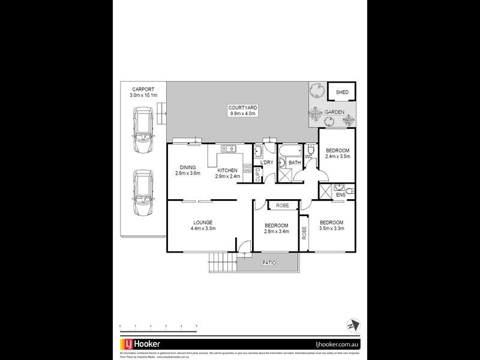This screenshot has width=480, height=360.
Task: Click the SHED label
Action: [342, 92]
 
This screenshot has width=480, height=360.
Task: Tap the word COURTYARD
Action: [242, 107]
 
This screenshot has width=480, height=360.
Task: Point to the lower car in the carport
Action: [143, 195]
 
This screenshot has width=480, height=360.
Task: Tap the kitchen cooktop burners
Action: [246, 169]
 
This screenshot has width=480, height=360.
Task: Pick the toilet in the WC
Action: [311, 148]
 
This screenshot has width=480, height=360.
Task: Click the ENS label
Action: [340, 195]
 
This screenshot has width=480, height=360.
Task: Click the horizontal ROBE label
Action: [283, 206]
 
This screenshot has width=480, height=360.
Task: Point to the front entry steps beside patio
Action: [220, 263]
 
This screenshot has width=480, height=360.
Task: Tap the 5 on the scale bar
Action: [197, 326]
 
